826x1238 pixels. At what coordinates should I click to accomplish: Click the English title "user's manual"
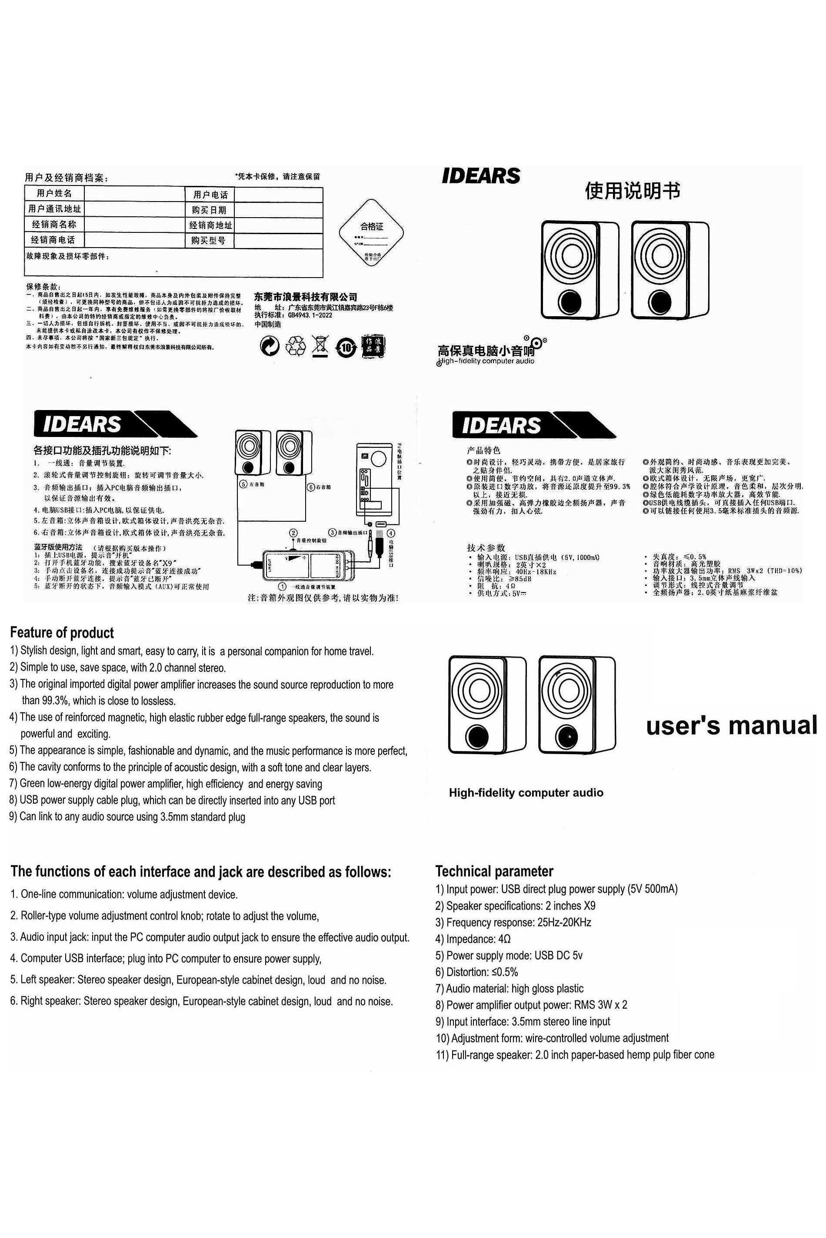731,725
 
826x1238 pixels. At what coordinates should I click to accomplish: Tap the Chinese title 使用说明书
632,191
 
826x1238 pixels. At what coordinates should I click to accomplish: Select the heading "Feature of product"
62,633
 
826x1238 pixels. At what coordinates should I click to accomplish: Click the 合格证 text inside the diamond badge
371,227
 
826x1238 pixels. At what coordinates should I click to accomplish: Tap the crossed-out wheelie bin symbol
320,346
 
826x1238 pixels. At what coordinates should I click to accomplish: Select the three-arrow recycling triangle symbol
295,346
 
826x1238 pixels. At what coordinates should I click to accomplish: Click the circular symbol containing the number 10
346,348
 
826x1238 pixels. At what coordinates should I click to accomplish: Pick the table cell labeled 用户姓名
54,193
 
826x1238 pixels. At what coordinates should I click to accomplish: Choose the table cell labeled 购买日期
209,210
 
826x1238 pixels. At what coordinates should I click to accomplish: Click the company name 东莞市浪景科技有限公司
306,297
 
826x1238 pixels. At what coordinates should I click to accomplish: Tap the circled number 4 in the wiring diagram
391,533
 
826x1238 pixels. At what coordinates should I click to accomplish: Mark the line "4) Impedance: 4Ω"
473,939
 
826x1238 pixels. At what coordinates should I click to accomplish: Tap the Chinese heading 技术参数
486,548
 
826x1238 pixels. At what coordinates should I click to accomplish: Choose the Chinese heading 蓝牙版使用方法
58,547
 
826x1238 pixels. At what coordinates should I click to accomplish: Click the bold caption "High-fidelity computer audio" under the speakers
526,793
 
